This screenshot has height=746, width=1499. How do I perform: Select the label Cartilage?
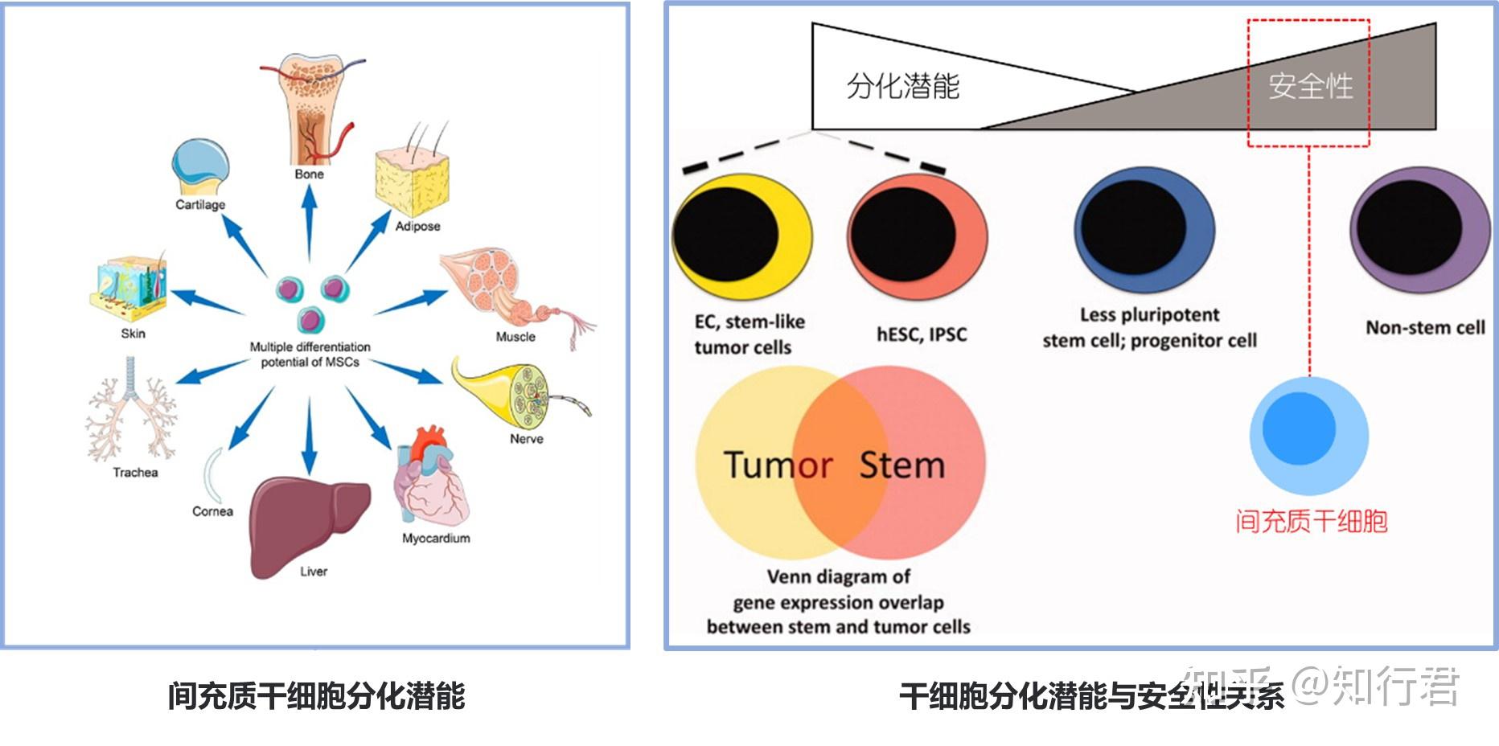[x=200, y=204]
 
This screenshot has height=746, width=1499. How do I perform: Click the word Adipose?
[x=417, y=226]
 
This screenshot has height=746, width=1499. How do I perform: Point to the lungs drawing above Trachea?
[x=131, y=410]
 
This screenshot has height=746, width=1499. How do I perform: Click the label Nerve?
[x=527, y=439]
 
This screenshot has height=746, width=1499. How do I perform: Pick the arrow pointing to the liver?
[x=309, y=434]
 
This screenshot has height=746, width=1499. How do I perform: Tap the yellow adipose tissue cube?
[x=412, y=182]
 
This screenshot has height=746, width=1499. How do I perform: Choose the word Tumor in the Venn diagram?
[x=778, y=465]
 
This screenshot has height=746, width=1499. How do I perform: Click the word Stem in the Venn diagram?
[x=902, y=465]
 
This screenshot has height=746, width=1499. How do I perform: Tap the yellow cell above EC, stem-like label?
[x=741, y=234]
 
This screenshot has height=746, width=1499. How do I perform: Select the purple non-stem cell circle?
[x=1420, y=230]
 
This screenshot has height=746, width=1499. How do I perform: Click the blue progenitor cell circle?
[x=1145, y=230]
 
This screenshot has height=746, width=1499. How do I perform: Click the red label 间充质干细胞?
[x=1312, y=521]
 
